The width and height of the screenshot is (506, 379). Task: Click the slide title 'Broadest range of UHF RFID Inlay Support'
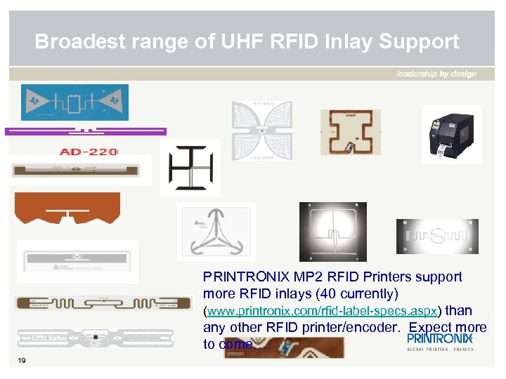(x=247, y=41)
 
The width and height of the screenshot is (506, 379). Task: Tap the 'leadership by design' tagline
(x=436, y=74)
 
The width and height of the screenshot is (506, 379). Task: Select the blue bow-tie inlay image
(x=75, y=103)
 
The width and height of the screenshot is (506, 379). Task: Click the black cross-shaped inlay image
(x=190, y=167)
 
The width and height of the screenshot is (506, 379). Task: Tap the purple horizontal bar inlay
(x=86, y=131)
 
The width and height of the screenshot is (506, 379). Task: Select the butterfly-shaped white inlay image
(x=262, y=131)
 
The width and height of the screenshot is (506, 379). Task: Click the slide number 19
(x=22, y=361)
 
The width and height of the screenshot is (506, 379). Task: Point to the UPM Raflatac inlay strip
(x=103, y=338)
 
